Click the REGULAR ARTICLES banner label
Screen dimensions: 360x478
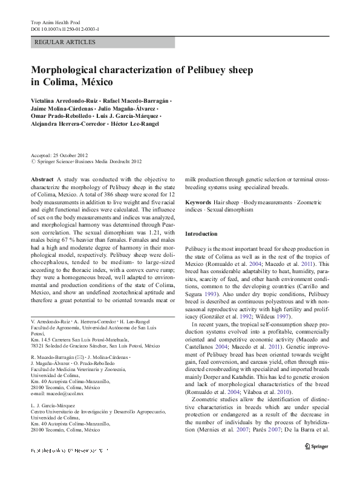(x=65, y=42)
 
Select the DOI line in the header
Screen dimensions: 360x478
(x=65, y=28)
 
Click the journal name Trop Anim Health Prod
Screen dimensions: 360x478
(x=56, y=22)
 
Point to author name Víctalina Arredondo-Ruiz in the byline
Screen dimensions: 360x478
(x=65, y=99)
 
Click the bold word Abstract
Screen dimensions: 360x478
(x=42, y=179)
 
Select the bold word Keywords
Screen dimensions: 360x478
(x=198, y=202)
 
